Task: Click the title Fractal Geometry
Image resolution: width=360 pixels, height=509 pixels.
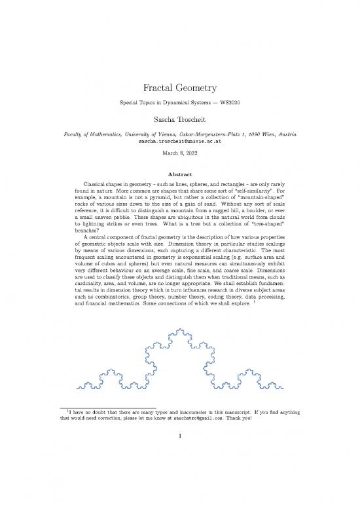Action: click(x=179, y=88)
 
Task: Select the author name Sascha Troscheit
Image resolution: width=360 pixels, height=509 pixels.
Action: click(x=179, y=121)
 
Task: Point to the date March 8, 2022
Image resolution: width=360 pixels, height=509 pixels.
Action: click(x=179, y=154)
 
